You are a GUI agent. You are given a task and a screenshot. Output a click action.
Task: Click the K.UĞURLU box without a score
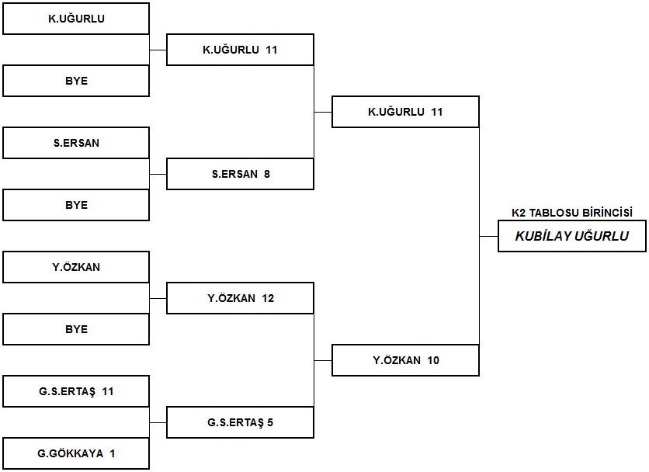76,19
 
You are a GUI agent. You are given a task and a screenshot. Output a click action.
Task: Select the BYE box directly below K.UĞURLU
76,81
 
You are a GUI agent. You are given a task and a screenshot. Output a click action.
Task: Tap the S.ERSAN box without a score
76,143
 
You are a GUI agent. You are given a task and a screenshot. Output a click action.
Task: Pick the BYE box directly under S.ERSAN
76,205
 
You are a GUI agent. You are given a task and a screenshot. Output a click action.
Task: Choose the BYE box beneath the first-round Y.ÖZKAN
76,329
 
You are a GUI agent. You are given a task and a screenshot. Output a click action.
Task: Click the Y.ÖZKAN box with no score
76,267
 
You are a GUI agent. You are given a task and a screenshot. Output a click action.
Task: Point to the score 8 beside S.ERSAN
267,175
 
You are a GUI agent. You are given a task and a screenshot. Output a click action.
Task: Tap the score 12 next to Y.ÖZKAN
268,299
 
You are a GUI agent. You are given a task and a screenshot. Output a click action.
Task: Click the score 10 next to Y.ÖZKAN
433,361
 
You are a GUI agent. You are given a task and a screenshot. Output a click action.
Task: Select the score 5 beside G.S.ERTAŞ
270,423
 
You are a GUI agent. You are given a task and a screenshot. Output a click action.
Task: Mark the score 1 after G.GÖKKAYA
112,454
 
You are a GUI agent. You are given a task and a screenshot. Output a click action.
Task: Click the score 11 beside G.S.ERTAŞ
108,392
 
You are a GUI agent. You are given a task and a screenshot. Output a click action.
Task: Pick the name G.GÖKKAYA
71,454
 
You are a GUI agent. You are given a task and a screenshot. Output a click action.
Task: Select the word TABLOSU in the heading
554,213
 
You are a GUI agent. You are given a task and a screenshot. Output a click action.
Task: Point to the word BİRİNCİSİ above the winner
608,213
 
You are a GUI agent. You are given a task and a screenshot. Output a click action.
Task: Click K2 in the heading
519,213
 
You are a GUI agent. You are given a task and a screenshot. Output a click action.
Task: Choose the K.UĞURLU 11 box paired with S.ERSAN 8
240,50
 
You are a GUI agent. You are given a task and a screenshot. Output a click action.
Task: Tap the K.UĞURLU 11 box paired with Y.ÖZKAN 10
405,112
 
